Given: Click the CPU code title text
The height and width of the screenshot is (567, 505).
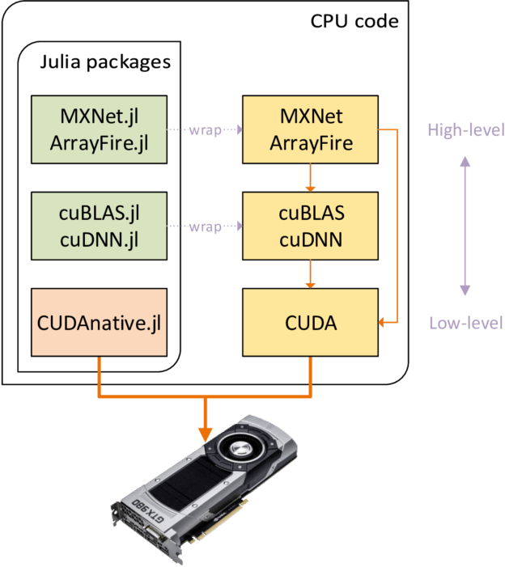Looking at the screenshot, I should [x=354, y=20].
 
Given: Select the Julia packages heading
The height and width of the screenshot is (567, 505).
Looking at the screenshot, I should [x=105, y=61].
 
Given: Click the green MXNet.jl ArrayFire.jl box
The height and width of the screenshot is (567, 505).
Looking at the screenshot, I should [x=98, y=129].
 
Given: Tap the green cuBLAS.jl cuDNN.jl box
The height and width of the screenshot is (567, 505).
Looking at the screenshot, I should [x=98, y=226].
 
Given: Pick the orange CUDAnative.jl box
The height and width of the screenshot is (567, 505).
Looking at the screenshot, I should [x=98, y=324].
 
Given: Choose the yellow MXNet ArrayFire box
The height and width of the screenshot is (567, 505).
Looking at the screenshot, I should [x=310, y=129].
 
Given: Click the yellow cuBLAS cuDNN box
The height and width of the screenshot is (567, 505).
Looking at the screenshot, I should [x=310, y=226].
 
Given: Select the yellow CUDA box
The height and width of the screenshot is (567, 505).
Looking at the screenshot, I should [x=310, y=324].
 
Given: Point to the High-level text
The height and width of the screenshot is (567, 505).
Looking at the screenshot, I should [x=465, y=129].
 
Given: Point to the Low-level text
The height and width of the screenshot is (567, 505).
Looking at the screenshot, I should [x=465, y=324].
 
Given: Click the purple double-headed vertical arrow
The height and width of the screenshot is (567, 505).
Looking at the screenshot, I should [x=465, y=226].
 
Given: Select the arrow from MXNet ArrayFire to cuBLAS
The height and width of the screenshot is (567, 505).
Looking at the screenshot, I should [x=310, y=177].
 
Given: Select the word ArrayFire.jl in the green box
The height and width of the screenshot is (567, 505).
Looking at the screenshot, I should [x=98, y=142].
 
